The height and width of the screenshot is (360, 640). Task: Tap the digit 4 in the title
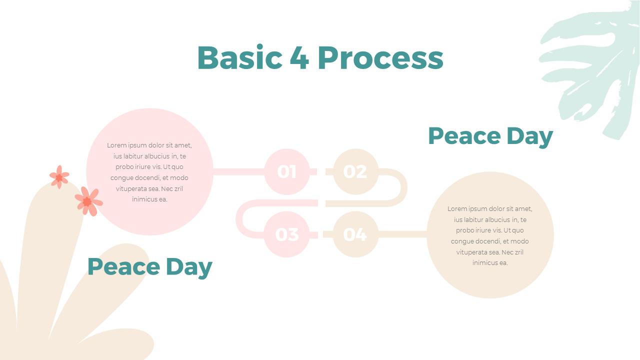click(299, 58)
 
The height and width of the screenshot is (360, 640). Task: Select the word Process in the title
click(380, 58)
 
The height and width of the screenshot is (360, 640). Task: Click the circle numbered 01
click(287, 171)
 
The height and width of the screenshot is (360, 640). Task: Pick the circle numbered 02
click(355, 171)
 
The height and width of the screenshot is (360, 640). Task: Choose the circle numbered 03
click(287, 234)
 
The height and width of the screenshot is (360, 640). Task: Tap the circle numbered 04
click(355, 234)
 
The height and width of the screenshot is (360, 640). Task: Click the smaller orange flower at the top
click(59, 177)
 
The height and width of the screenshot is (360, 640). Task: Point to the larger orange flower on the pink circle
click(88, 201)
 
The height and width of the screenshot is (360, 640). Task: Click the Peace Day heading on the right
click(490, 136)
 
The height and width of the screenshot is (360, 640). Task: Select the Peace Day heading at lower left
click(149, 266)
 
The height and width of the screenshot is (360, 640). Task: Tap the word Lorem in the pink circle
click(116, 145)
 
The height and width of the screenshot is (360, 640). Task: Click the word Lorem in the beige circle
click(456, 209)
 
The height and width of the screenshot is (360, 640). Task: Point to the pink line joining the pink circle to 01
click(238, 171)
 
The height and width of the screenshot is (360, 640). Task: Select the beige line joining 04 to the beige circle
click(402, 234)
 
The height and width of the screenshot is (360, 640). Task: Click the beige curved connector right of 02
click(403, 187)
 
